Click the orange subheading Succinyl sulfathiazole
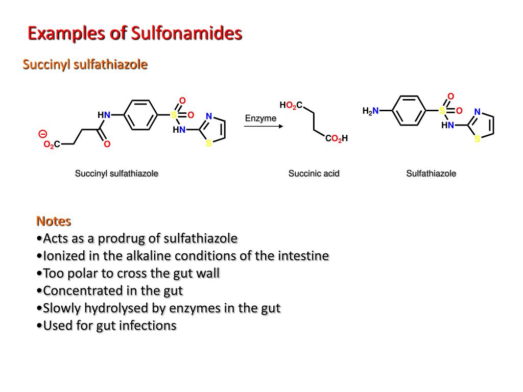click(x=85, y=64)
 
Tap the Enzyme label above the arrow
click(x=260, y=118)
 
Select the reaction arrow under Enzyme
click(x=264, y=127)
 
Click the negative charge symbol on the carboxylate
click(x=43, y=134)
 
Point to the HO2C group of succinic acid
click(x=291, y=105)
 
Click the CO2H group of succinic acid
click(x=337, y=138)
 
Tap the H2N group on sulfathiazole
click(x=371, y=111)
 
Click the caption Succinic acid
click(x=314, y=174)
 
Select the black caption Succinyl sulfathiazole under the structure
click(x=116, y=174)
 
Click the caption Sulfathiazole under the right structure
click(x=431, y=174)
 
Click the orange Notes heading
click(x=54, y=221)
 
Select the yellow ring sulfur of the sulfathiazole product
click(x=478, y=139)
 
